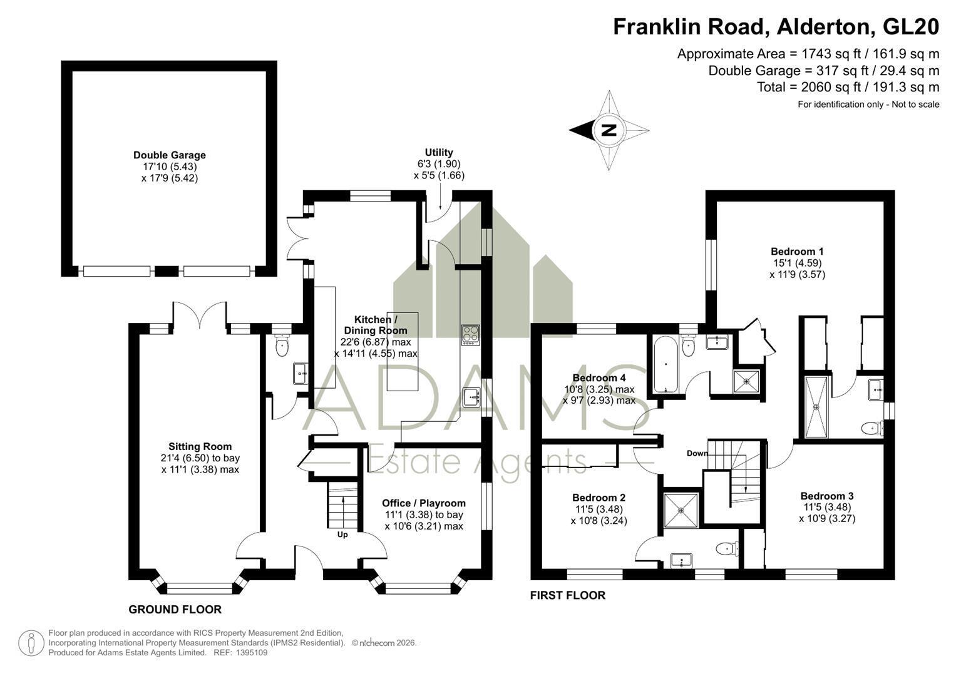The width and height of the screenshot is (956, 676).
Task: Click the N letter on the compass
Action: (609, 130)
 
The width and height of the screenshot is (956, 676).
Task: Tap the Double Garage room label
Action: (170, 155)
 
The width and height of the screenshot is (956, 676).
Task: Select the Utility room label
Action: (439, 152)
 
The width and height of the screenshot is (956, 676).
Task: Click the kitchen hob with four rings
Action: (471, 335)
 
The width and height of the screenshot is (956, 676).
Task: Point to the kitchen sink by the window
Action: (471, 397)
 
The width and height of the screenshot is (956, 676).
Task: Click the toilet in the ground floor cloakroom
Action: (282, 346)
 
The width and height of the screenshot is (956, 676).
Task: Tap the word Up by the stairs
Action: (342, 535)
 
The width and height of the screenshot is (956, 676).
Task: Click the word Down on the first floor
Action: (697, 453)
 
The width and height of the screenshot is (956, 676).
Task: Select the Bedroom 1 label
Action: (797, 252)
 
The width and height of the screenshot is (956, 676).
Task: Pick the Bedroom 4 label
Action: (599, 377)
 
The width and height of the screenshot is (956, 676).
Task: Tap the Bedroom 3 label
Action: (827, 496)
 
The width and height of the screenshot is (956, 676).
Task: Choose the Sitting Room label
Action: (200, 446)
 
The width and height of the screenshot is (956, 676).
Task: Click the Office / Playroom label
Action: (424, 503)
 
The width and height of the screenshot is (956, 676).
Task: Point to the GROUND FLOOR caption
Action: (175, 610)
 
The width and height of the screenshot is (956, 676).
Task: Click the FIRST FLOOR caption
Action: (568, 595)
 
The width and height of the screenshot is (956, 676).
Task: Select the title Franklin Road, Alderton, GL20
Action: (776, 27)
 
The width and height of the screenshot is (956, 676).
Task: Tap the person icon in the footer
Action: (31, 643)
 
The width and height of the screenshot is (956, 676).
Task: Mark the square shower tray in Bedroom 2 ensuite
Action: (681, 510)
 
